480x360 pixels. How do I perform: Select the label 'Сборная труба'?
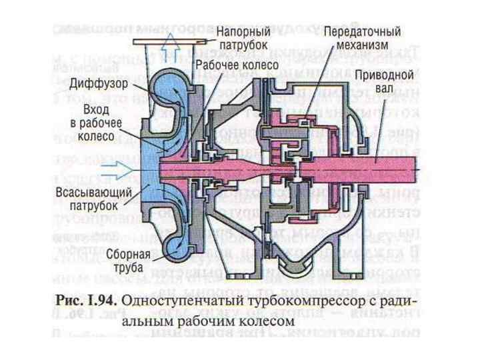[128, 259]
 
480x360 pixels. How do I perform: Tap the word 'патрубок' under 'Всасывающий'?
[95, 205]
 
